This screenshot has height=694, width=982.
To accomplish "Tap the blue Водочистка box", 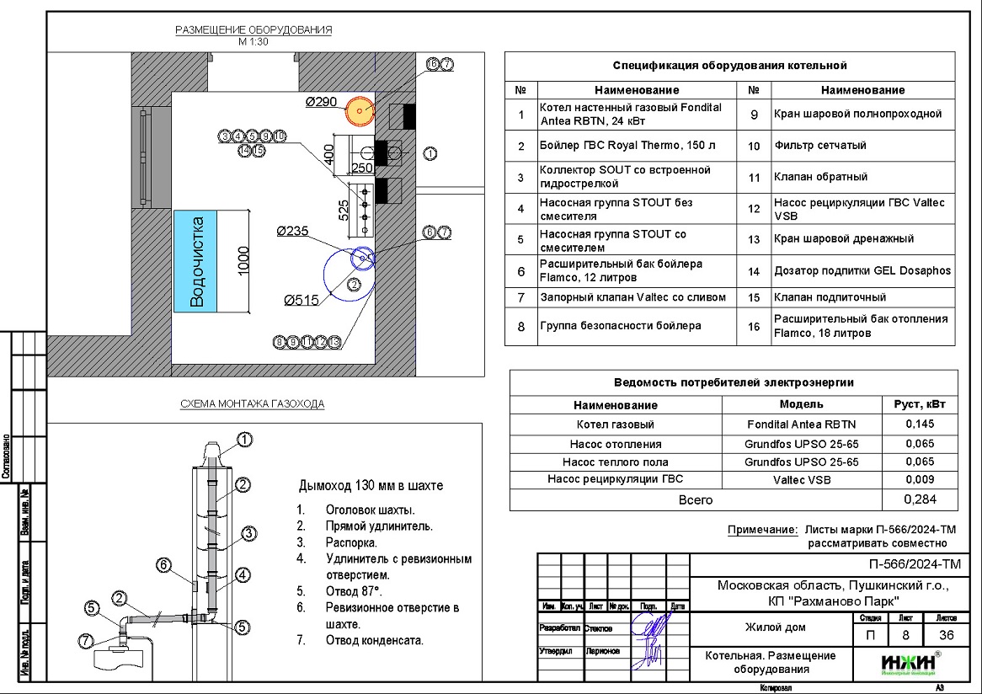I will [x=196, y=261].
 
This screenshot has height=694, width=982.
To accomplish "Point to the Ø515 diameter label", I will [x=302, y=299].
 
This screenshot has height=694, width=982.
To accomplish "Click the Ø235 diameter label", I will [x=294, y=232].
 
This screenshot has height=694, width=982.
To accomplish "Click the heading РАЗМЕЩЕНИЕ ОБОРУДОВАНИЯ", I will [x=253, y=30].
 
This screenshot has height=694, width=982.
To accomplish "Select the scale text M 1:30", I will [x=253, y=41].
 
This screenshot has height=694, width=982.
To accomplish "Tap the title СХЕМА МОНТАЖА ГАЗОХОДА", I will [x=253, y=404].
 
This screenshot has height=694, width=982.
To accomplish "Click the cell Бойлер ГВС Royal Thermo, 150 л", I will [x=627, y=146].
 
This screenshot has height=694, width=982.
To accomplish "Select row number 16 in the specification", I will [x=754, y=326].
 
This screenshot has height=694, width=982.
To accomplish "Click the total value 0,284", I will [x=919, y=499].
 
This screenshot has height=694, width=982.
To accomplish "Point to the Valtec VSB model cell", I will [x=801, y=479].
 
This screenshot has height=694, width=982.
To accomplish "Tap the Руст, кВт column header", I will [x=919, y=405].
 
